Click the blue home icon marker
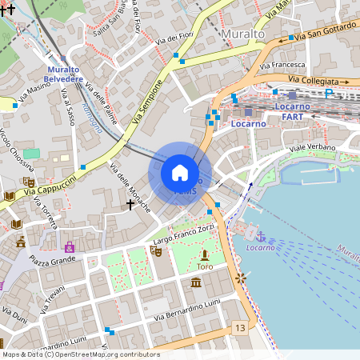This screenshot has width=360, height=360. pos(180,173)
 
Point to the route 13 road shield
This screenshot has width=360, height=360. pos(239,328)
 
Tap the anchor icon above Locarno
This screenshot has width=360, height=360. pos(260,236)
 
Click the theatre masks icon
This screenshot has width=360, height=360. pos(157,251)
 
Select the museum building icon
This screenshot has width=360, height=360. pos(196,282)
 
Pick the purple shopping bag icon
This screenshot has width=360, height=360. pos(70,247)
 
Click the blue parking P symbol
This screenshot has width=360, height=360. pos(329,94)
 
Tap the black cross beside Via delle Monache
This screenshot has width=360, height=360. pos(130,205)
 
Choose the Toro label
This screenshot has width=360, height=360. pos(205,266)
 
